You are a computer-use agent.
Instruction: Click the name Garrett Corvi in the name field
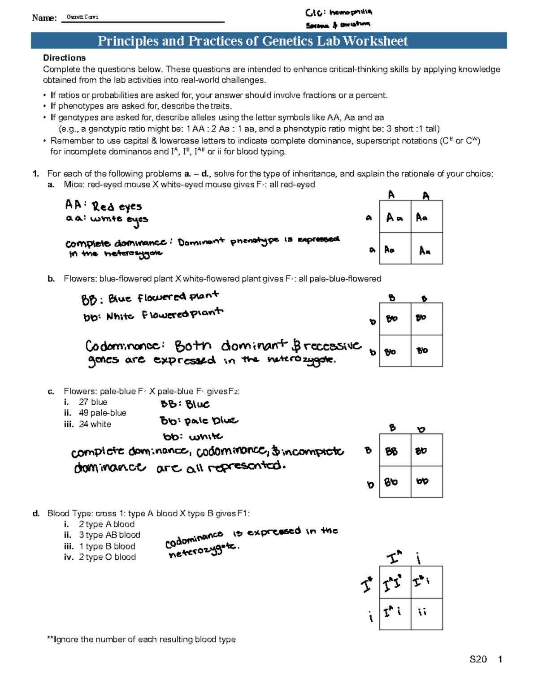click(x=82, y=17)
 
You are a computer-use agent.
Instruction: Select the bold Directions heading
click(x=64, y=58)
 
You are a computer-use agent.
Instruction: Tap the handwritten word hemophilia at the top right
click(x=350, y=13)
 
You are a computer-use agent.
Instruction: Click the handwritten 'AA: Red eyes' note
click(x=104, y=206)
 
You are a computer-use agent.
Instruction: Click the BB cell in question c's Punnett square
click(x=395, y=450)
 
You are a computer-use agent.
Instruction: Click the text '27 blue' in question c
click(x=93, y=402)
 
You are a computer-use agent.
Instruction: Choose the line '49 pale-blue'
click(x=102, y=413)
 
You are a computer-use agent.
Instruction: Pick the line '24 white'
click(x=95, y=424)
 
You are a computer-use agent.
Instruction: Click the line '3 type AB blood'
click(x=109, y=535)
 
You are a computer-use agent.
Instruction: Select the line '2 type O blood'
click(x=107, y=557)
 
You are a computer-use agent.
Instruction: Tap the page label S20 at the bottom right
click(x=478, y=659)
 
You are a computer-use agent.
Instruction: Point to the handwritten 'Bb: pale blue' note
click(x=199, y=421)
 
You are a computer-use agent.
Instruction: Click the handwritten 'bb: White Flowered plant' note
click(x=153, y=315)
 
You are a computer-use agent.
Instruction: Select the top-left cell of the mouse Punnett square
click(x=395, y=217)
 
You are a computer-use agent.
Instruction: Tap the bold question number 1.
click(x=35, y=174)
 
